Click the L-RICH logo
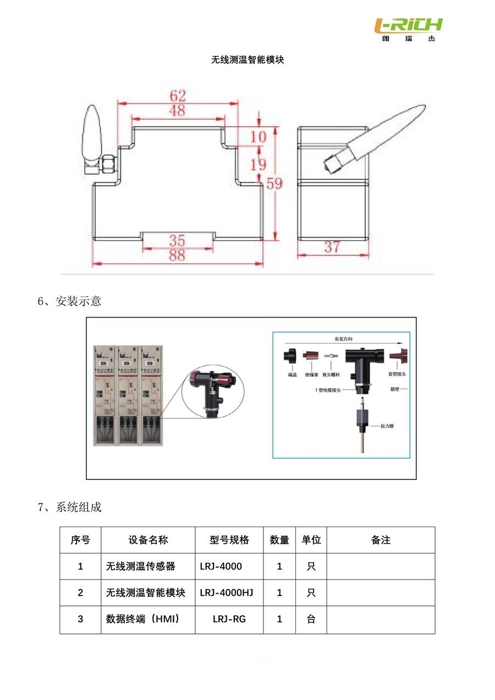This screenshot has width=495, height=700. click(408, 29)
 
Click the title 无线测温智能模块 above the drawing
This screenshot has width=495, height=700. click(248, 59)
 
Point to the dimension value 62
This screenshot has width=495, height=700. click(178, 95)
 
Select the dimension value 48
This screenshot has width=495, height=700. click(177, 111)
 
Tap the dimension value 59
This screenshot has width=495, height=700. click(274, 183)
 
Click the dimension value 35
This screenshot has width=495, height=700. click(177, 240)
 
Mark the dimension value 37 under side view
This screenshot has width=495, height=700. click(332, 247)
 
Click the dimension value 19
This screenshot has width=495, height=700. click(258, 164)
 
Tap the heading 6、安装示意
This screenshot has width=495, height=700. click(69, 302)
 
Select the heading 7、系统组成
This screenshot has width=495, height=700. click(69, 507)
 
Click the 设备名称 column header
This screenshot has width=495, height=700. click(148, 540)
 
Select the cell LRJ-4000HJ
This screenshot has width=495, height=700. click(227, 593)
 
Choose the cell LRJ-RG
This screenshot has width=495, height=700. click(229, 619)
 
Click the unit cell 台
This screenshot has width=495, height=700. click(311, 619)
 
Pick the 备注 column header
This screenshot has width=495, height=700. click(381, 540)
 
